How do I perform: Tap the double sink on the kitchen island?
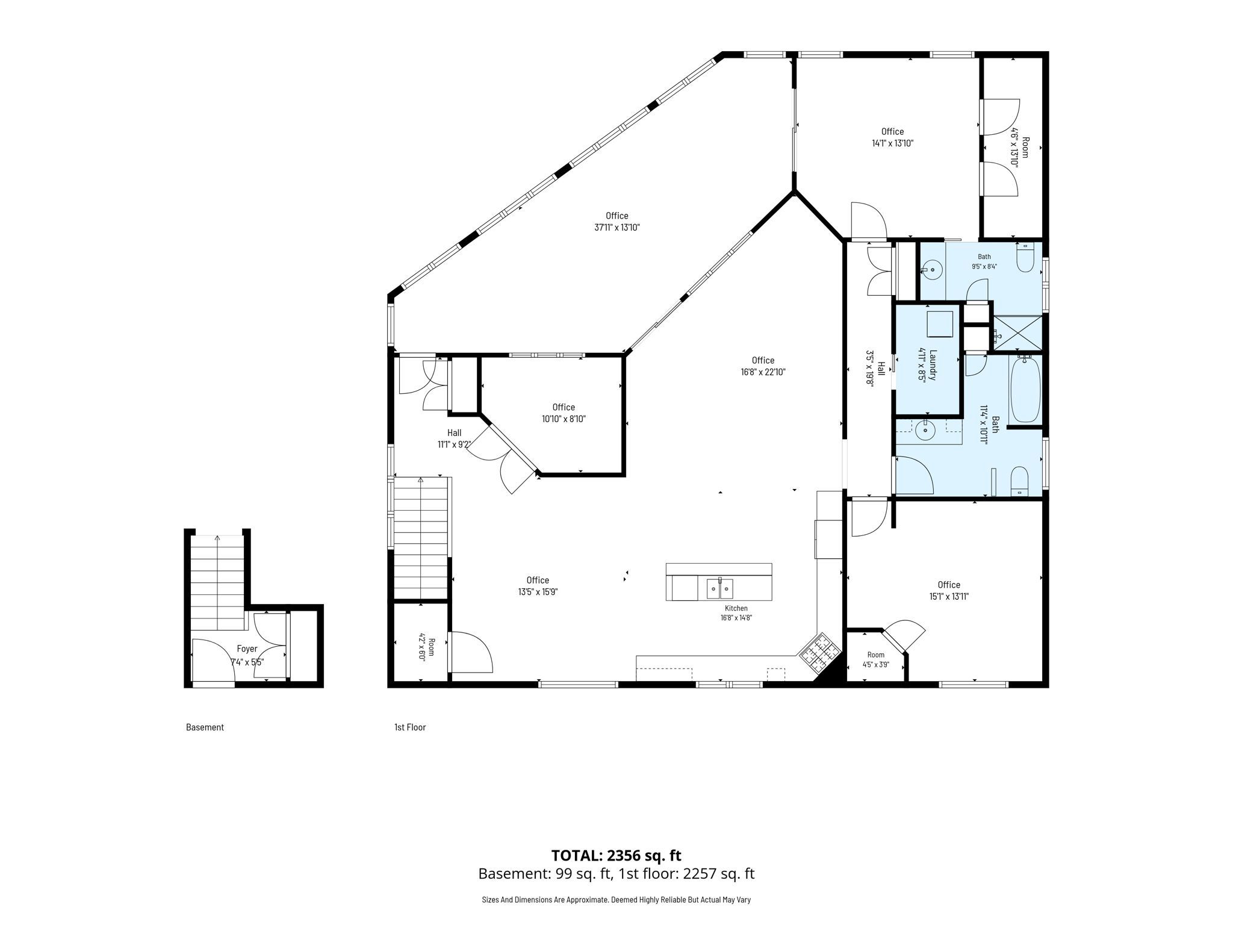[x=719, y=588]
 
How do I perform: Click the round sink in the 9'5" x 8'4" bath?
[x=933, y=269]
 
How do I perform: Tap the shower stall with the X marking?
[x=1016, y=333]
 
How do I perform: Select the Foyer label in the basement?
[x=247, y=649]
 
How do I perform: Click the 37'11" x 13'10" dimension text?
[x=616, y=228]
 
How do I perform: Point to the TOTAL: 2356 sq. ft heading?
[x=616, y=855]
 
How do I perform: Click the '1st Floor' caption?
[x=410, y=727]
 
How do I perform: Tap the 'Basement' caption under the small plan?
[x=205, y=727]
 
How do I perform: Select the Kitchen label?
[x=736, y=608]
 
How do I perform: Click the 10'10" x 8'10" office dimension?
[x=564, y=419]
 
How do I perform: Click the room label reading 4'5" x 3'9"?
[x=876, y=665]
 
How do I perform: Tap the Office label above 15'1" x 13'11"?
[x=949, y=585]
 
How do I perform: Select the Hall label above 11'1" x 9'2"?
[x=454, y=432]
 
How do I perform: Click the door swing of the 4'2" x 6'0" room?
[x=473, y=652]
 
